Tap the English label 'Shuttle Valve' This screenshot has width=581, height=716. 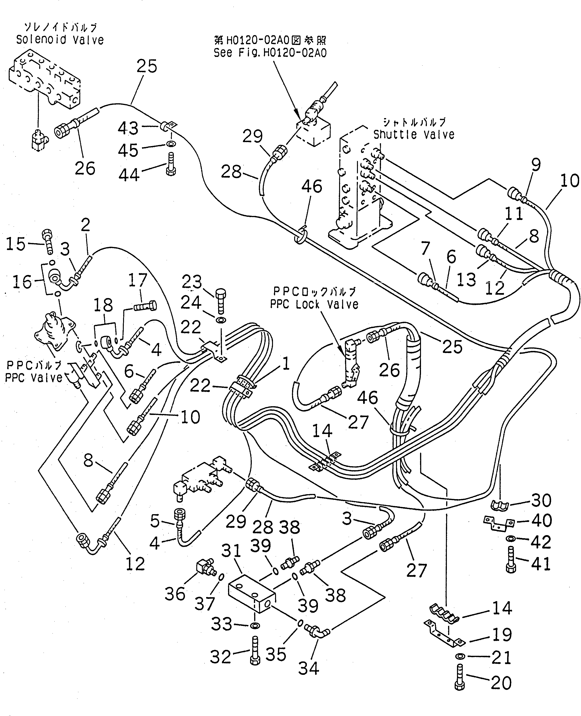(414, 135)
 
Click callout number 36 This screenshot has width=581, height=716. (175, 594)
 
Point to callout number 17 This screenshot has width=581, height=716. (138, 280)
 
